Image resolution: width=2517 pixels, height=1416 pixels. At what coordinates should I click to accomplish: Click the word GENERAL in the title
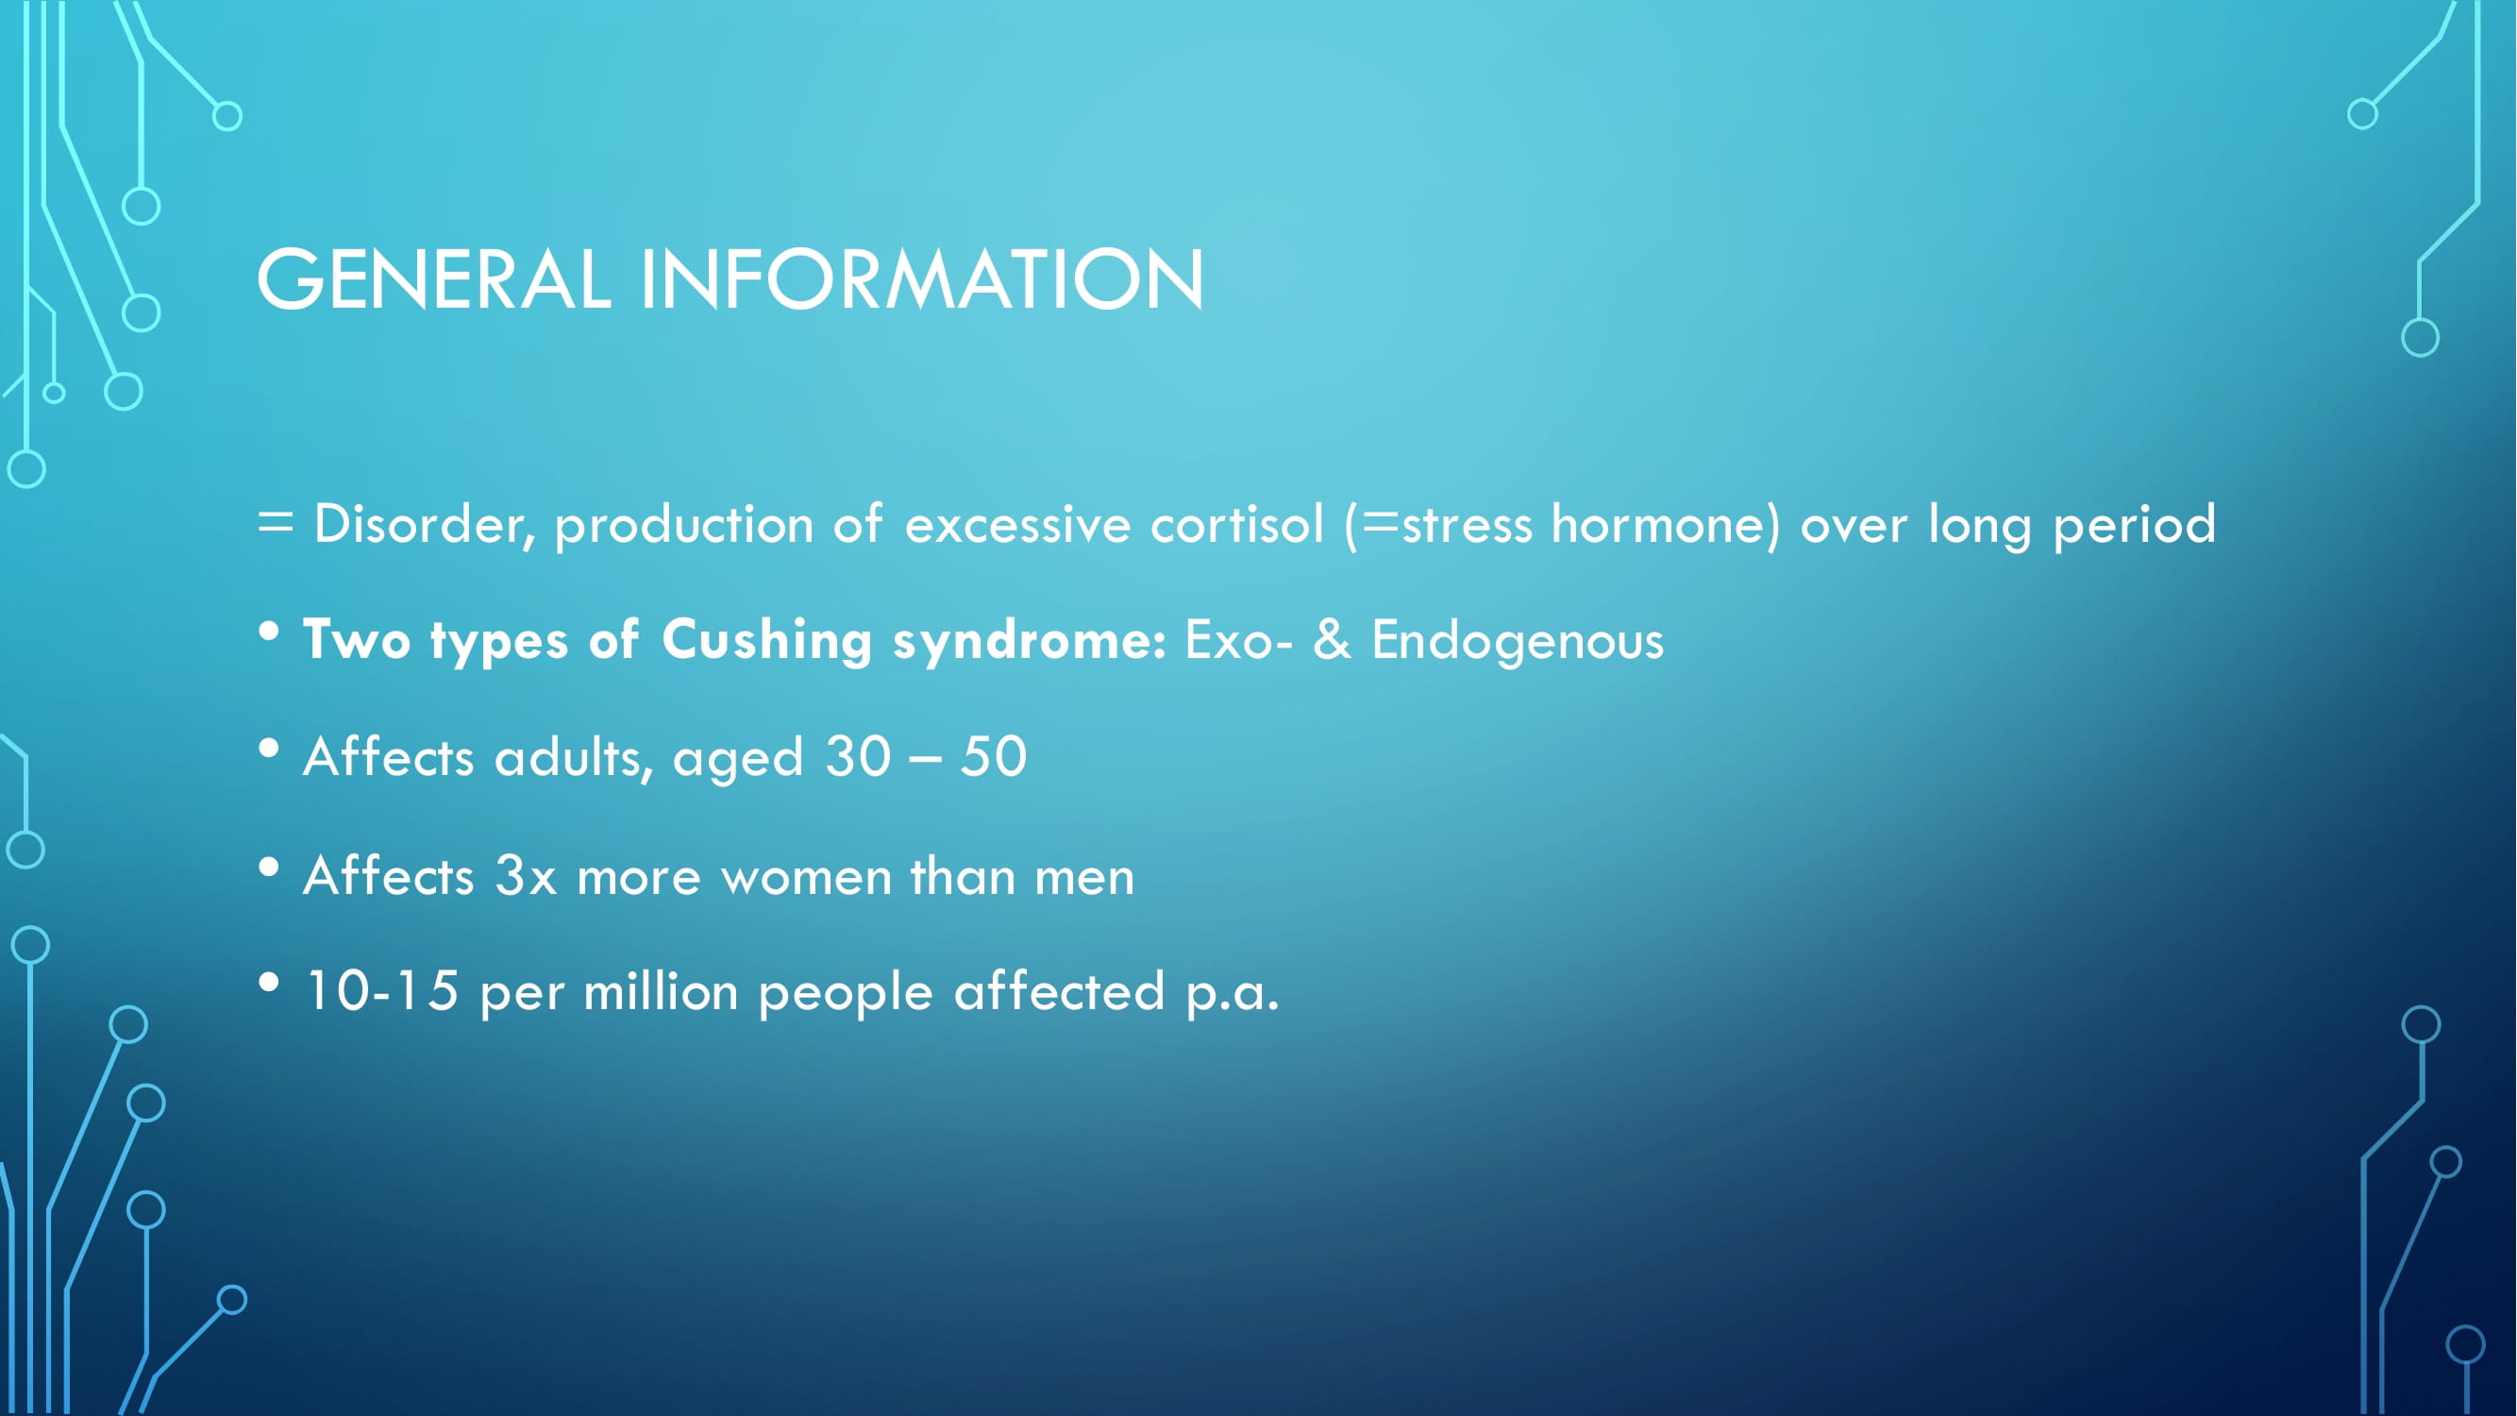(434, 279)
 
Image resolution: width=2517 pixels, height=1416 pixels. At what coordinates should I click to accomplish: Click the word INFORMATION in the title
(922, 279)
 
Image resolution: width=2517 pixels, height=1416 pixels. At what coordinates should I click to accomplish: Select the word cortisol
(1237, 524)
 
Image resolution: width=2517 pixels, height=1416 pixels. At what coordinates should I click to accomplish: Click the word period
(2134, 526)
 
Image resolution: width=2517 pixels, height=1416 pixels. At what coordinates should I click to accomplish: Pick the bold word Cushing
(767, 642)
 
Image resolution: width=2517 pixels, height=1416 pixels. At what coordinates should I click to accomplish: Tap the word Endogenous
(1518, 642)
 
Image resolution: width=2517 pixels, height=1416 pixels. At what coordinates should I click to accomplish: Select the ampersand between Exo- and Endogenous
(1332, 639)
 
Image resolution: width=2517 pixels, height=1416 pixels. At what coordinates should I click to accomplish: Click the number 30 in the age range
(858, 756)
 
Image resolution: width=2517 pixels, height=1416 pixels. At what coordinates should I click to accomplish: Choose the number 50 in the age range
(994, 756)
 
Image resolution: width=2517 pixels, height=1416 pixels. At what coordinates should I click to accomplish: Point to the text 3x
(526, 876)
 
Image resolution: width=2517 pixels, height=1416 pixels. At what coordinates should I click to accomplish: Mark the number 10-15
(382, 991)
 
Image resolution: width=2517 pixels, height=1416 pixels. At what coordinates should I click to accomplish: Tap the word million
(661, 991)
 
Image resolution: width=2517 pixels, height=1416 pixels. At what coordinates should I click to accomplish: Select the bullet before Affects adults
(269, 750)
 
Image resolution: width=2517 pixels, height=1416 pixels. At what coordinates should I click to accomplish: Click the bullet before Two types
(269, 632)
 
